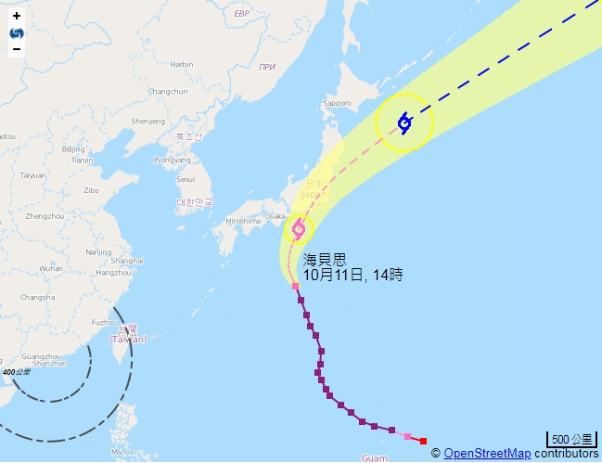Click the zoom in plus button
17,16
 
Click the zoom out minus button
17,48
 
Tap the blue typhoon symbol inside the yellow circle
404,122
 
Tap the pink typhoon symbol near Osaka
299,228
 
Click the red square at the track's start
423,441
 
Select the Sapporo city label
338,103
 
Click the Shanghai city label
126,261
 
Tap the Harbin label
182,64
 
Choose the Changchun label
168,91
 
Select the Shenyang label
148,121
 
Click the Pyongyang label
172,160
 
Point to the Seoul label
186,179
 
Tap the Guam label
374,457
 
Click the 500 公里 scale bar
571,439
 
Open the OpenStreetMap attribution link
487,454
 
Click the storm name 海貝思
325,261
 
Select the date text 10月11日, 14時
353,276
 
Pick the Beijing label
72,148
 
